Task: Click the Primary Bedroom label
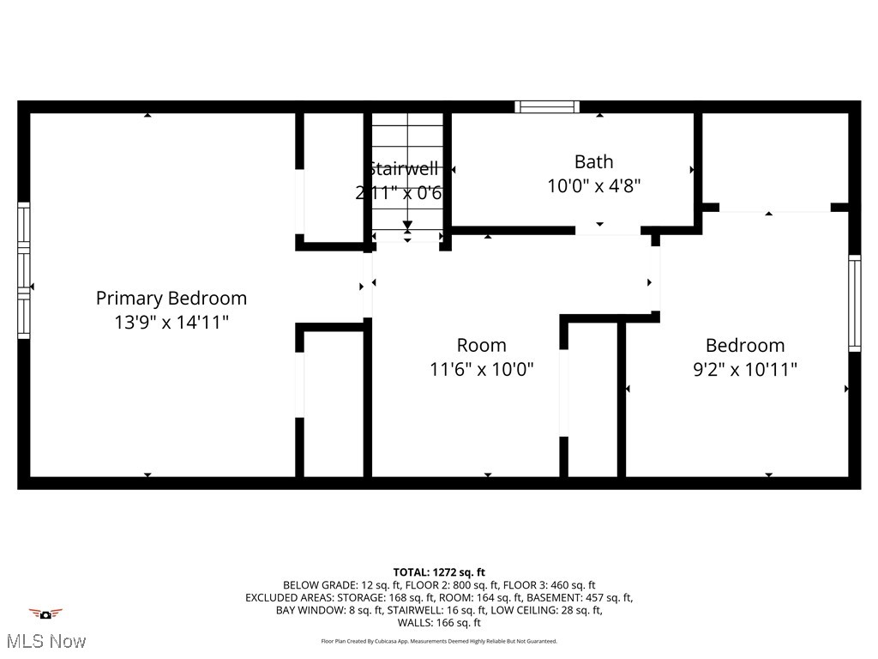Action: [x=171, y=298]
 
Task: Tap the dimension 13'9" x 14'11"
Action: [x=171, y=322]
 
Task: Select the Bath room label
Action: [x=593, y=161]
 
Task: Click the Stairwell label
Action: [x=403, y=168]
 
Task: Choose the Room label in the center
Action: [x=481, y=345]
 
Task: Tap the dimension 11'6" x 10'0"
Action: [x=481, y=369]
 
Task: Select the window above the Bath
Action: [x=547, y=107]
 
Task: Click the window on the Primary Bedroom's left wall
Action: [x=24, y=270]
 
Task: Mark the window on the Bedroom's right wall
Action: [x=854, y=304]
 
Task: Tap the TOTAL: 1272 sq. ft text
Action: [x=439, y=572]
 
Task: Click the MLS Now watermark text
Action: [x=45, y=641]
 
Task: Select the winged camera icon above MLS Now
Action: [x=45, y=614]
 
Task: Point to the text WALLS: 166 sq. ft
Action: [x=439, y=623]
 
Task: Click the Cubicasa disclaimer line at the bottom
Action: [x=439, y=641]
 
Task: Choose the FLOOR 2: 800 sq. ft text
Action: [x=452, y=584]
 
